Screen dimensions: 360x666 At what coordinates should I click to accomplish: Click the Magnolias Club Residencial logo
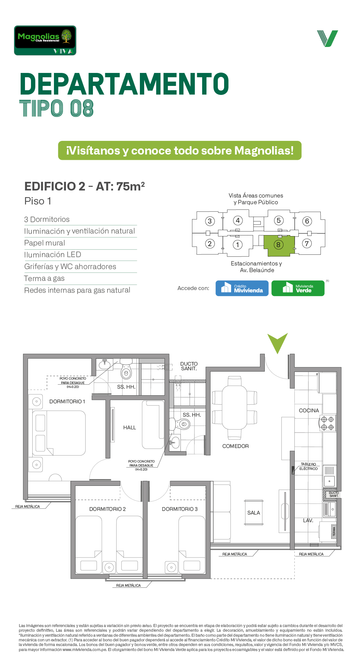coord(45,40)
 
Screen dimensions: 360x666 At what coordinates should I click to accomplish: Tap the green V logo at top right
coord(328,38)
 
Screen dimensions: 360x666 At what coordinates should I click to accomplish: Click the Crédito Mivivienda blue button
coord(242,288)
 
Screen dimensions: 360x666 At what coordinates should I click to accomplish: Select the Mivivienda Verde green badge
coord(298,288)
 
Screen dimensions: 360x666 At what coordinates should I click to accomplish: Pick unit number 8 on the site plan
coord(278,245)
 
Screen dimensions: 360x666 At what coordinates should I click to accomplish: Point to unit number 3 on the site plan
coord(209,221)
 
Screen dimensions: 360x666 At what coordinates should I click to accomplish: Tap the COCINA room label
coord(309,411)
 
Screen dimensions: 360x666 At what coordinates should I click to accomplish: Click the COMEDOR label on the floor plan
coord(235,446)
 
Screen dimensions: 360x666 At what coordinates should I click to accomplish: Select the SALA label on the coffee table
coord(254,513)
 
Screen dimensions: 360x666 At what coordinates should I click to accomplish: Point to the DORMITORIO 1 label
coord(67,402)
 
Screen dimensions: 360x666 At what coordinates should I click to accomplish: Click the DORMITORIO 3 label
coord(180,509)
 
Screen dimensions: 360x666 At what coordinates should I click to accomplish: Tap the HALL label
coord(130,428)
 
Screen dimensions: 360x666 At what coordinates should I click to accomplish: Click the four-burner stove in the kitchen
coord(327,423)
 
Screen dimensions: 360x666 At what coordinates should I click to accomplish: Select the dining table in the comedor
coord(235,408)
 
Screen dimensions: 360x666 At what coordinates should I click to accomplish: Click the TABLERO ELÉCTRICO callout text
coord(308,466)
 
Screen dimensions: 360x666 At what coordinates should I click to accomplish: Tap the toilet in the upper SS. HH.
coord(126,369)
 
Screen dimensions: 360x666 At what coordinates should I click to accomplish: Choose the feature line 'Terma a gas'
coord(44,278)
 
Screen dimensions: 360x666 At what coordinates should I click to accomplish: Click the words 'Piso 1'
coord(38,201)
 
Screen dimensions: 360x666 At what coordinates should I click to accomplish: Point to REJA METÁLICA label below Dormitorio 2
coord(129,585)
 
